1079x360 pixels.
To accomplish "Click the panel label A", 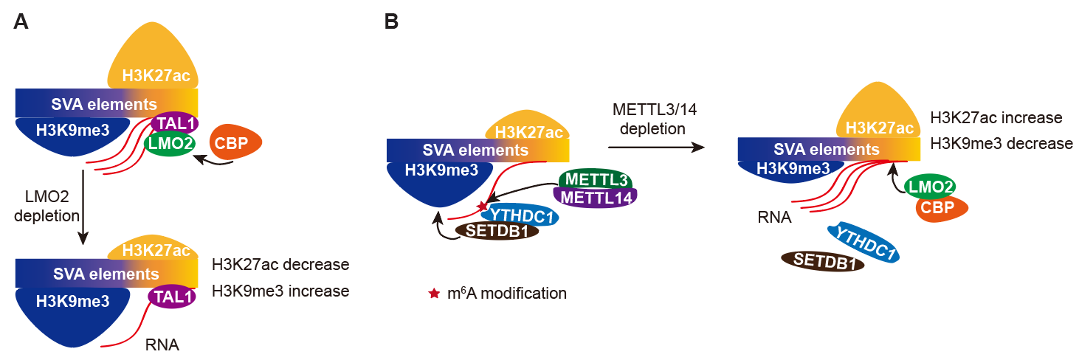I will pos(21,21).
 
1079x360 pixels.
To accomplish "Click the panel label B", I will pos(391,21).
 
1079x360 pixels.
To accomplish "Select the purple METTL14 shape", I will pos(595,197).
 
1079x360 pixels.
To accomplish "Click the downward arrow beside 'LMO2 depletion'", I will pos(83,207).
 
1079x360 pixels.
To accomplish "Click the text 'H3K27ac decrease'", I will pos(280,264).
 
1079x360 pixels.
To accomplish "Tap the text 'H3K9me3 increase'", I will pos(280,291).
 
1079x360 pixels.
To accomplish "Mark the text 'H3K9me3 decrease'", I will pos(1001,143).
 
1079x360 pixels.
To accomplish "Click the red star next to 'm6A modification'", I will pos(434,294).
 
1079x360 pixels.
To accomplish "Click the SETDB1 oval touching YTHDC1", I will pos(497,230).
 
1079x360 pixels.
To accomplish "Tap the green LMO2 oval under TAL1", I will pos(169,144).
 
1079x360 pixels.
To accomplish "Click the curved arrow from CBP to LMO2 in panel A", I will pos(214,162).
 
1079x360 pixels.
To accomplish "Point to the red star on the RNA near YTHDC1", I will pos(483,206).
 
